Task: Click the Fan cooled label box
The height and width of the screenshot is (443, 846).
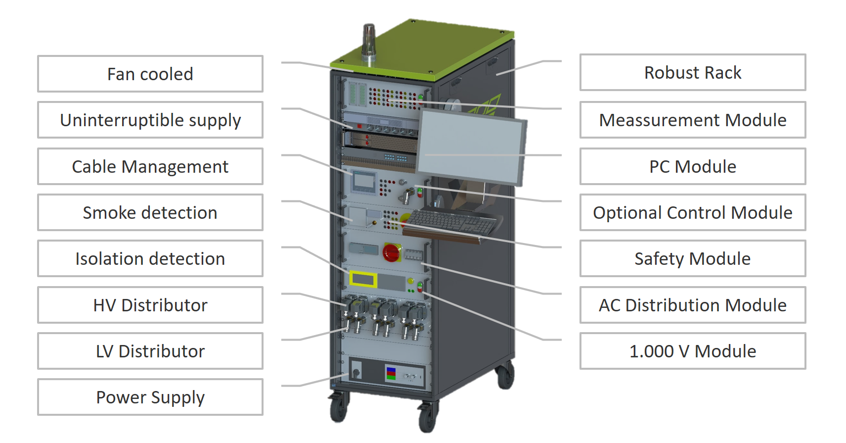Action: point(150,74)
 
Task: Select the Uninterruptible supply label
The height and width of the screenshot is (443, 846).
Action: point(150,120)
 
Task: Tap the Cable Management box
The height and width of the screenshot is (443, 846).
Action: point(150,166)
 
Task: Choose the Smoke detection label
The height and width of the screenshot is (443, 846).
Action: point(150,212)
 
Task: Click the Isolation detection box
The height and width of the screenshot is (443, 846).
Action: point(150,258)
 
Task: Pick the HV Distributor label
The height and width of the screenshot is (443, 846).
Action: point(150,305)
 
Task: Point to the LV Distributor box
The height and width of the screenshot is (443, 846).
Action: point(150,351)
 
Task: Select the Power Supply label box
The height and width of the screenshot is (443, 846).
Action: point(150,397)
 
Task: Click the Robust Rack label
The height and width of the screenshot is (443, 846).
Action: point(693,72)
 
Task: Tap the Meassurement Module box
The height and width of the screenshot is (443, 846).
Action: point(693,120)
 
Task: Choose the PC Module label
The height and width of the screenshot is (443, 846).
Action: point(693,166)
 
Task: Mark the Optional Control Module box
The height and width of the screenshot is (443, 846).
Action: point(693,212)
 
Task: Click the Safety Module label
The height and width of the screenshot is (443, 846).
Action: point(693,258)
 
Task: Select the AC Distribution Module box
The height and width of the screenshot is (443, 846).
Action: point(693,305)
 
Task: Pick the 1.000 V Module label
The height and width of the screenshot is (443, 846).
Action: point(693,351)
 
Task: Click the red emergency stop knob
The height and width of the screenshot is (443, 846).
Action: point(391,252)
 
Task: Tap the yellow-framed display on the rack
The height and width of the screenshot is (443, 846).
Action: point(363,279)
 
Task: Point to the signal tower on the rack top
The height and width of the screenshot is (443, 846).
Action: point(369,44)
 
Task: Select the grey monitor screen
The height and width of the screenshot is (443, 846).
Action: point(471,146)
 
